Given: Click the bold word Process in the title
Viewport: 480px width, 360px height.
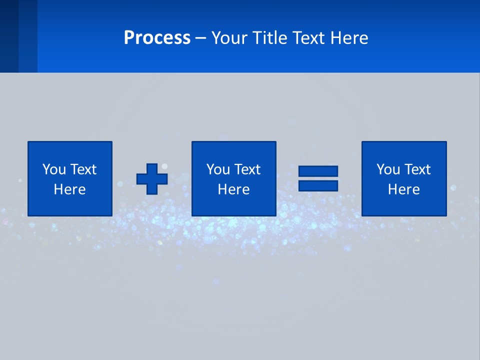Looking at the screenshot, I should coord(157,38).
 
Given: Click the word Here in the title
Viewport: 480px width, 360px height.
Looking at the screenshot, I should coord(349,38).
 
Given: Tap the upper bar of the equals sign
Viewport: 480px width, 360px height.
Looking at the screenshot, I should coord(318,171).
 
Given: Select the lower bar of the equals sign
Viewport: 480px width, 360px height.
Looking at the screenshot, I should coord(318,185).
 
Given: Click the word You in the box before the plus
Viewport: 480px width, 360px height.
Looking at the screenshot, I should coord(54,169).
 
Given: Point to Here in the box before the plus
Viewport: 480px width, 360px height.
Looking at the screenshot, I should coord(69,189).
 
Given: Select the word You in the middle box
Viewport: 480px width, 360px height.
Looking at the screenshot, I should coord(218,169).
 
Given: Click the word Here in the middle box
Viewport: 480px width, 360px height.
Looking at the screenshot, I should coord(233,189).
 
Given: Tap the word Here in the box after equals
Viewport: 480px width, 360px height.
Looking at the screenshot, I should coord(403,189).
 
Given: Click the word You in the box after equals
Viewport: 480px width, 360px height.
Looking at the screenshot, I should coord(388,169).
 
